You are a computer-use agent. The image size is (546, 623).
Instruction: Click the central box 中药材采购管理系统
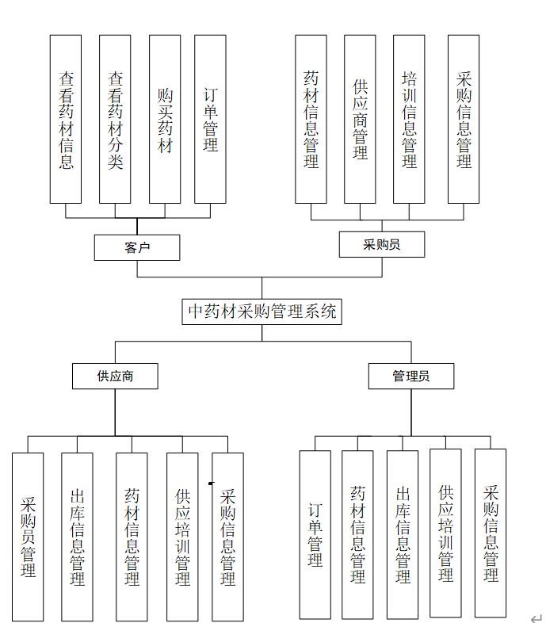262,311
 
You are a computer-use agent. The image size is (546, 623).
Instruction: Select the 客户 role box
137,247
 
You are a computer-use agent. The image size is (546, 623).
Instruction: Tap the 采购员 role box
381,244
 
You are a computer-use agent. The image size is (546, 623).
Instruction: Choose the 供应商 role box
115,376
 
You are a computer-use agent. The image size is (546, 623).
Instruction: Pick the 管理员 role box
411,376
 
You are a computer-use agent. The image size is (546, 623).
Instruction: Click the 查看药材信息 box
66,119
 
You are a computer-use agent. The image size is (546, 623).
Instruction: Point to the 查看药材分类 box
115,119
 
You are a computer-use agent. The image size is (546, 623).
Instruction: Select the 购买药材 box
165,119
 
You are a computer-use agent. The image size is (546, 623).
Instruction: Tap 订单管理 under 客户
210,119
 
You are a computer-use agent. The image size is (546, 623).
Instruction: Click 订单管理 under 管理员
315,534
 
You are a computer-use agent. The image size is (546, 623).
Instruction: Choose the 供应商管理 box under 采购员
360,119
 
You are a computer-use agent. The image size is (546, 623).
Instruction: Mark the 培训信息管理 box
409,119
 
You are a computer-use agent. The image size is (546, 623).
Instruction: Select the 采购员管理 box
28,537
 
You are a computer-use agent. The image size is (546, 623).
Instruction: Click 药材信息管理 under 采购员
311,119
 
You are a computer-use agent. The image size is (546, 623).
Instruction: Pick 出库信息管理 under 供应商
77,537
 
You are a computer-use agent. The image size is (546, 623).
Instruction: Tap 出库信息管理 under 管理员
403,534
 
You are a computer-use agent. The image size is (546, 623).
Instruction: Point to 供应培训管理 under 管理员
445,533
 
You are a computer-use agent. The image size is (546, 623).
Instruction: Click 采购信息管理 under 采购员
464,119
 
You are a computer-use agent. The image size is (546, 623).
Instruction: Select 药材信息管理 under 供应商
132,537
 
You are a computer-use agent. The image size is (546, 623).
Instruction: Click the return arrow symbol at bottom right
536,616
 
